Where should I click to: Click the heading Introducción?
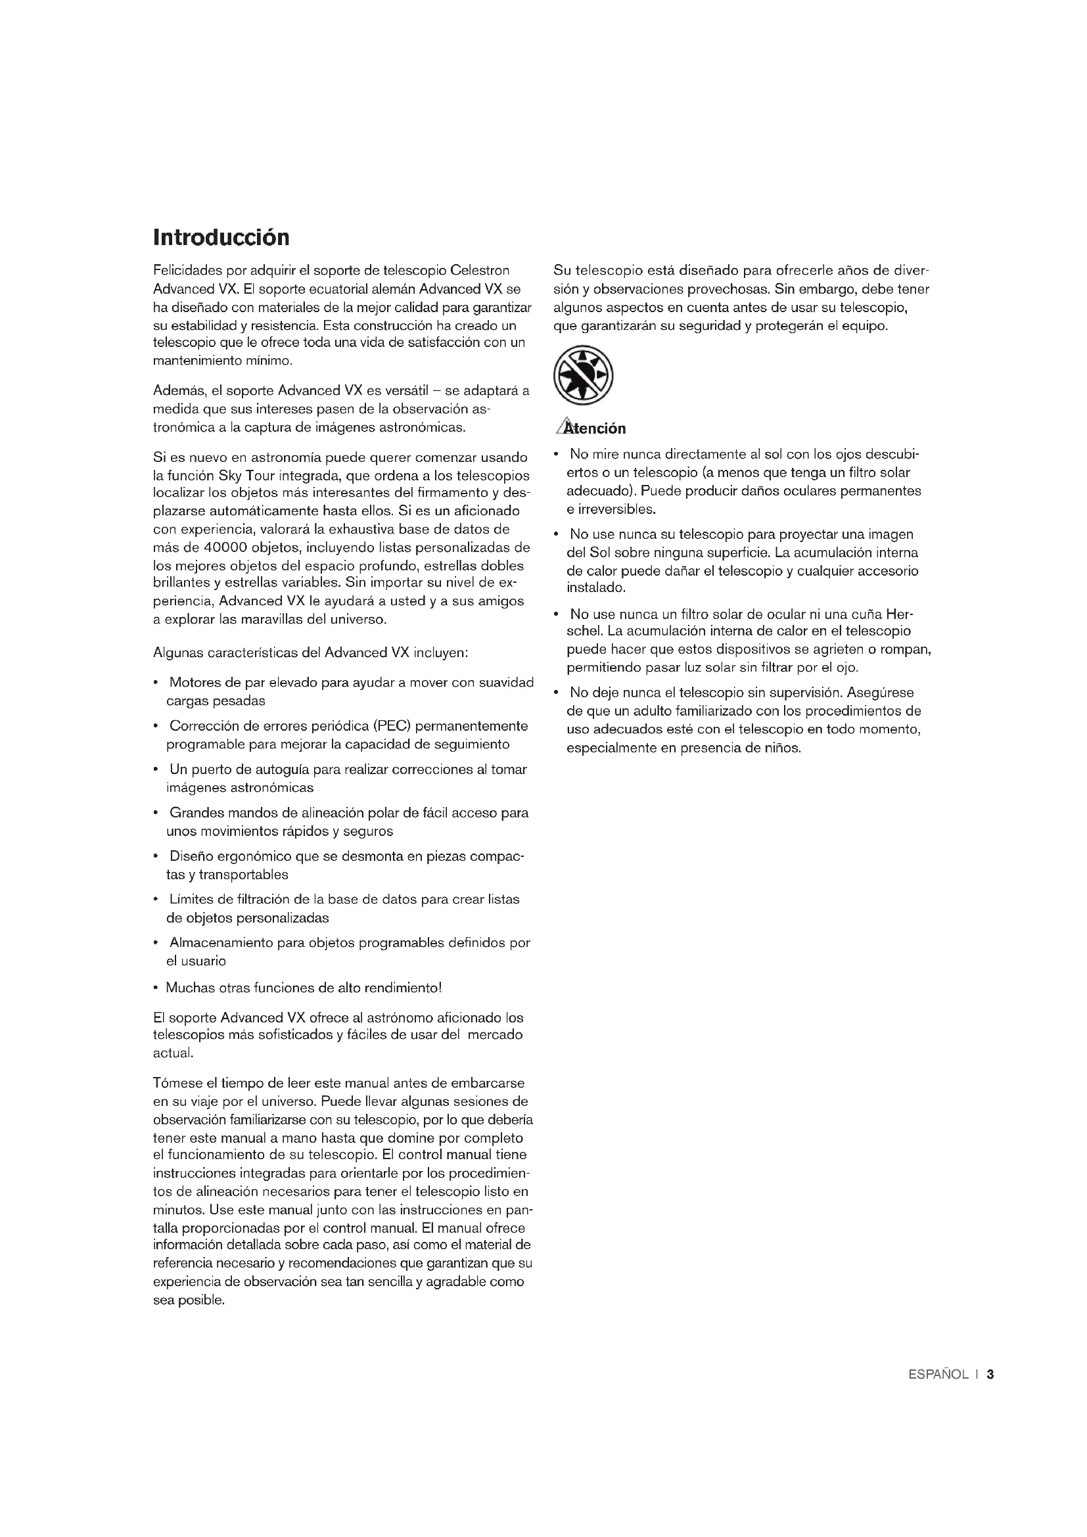pos(221,238)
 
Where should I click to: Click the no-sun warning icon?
pos(583,375)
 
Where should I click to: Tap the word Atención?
pos(595,428)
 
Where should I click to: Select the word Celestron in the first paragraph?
pos(480,271)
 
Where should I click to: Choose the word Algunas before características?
pos(178,653)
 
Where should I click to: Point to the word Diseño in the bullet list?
pos(190,856)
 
